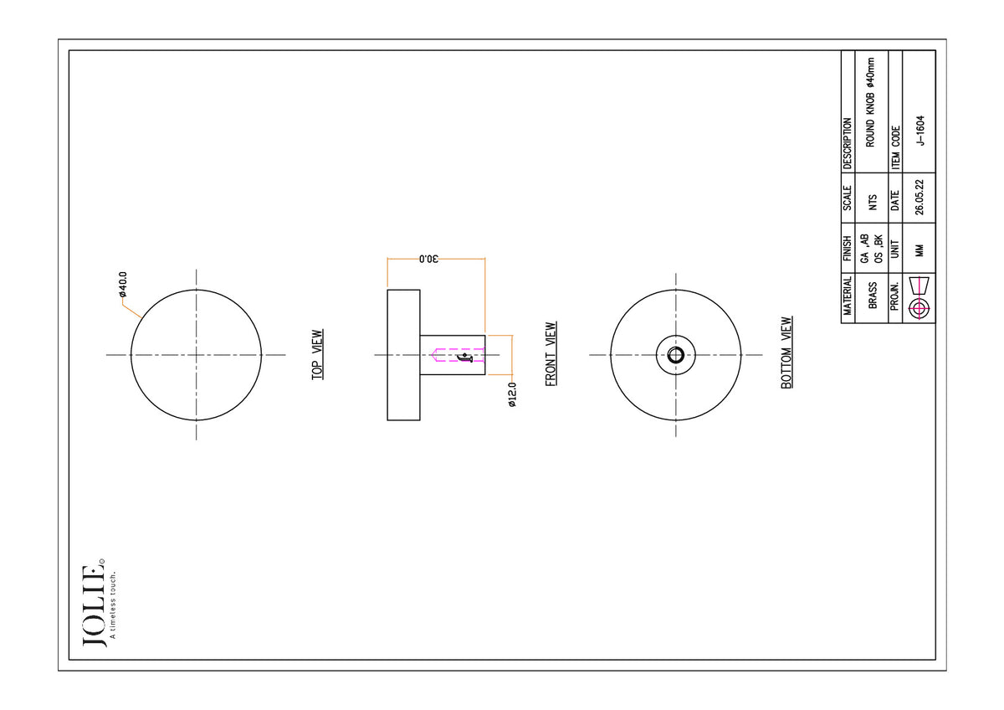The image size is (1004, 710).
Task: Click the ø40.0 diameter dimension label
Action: pyautogui.click(x=123, y=285)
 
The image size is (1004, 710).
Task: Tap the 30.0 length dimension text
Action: pyautogui.click(x=429, y=259)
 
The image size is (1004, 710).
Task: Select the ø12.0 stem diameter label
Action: pyautogui.click(x=512, y=394)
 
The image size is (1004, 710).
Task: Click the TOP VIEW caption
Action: pyautogui.click(x=317, y=355)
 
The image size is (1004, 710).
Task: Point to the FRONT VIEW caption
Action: pyautogui.click(x=551, y=354)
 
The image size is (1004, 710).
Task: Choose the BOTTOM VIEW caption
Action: pyautogui.click(x=786, y=352)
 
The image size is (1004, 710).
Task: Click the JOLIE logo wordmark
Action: pyautogui.click(x=94, y=605)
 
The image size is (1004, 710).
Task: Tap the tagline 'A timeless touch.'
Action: pyautogui.click(x=112, y=605)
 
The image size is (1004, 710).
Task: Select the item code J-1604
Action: pyautogui.click(x=920, y=131)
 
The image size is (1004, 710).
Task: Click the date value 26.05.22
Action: pyautogui.click(x=919, y=198)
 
